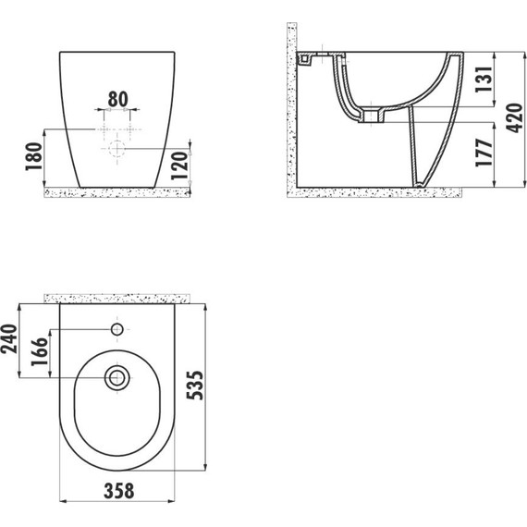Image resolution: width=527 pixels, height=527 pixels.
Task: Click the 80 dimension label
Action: [118, 99]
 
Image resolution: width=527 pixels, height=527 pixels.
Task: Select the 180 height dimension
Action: [34, 156]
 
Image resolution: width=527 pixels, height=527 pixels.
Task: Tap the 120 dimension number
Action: [178, 166]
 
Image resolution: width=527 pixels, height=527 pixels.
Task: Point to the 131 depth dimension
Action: [484, 80]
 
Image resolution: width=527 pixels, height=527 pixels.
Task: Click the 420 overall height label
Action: [514, 118]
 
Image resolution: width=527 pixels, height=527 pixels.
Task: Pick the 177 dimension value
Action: [484, 153]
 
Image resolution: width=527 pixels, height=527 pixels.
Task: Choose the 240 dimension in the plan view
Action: [8, 338]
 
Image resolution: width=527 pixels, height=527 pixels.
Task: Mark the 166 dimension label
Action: [40, 351]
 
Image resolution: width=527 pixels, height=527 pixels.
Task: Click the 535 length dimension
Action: [195, 386]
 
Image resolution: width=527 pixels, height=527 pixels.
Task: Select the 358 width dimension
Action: [119, 491]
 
